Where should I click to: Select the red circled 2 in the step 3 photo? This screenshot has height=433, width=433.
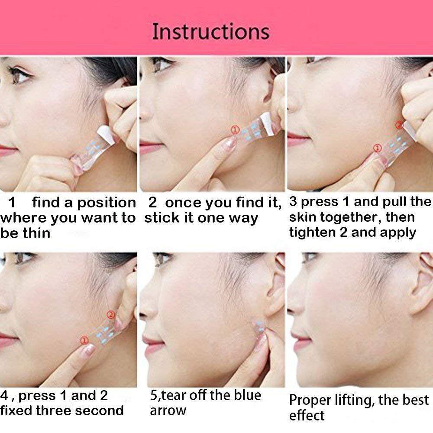click(400, 126)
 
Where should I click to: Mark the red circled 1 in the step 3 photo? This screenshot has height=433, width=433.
click(377, 149)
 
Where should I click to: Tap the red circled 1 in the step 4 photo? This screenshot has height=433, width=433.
click(84, 340)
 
